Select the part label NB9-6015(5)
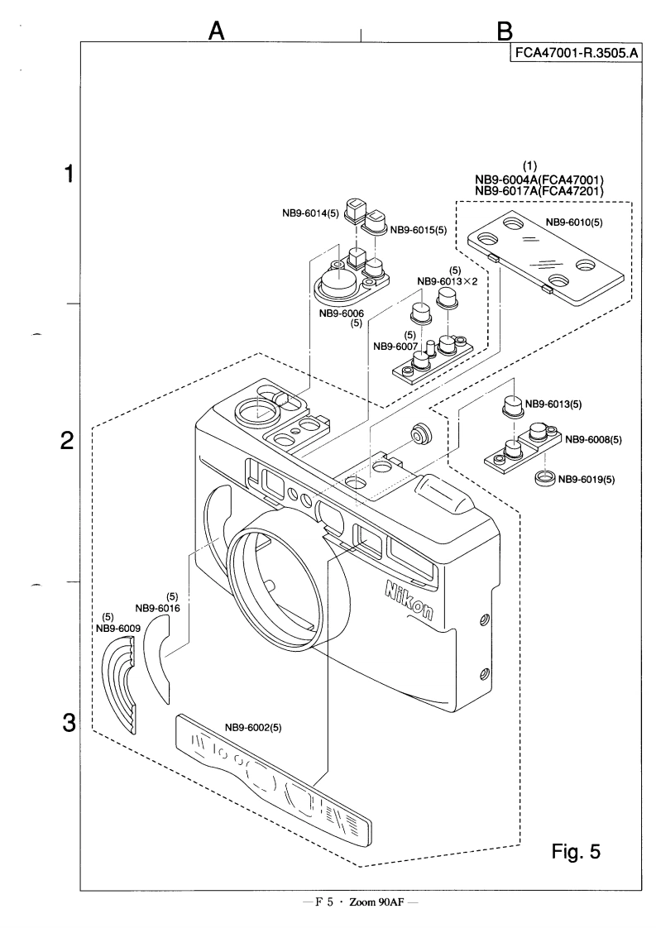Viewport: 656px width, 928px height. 418,229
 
